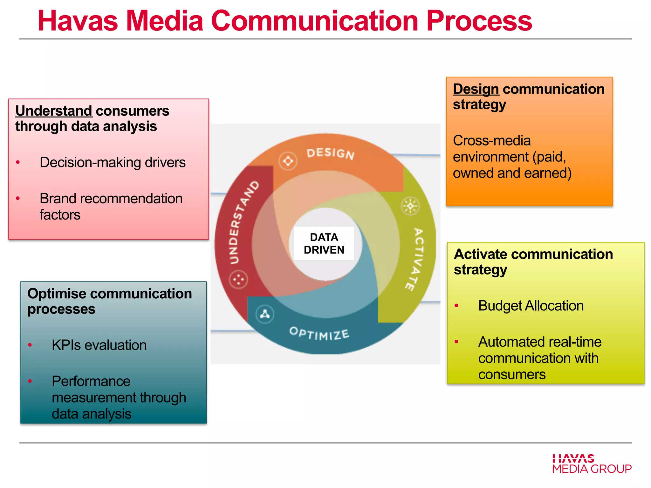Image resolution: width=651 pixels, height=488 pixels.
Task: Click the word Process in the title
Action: (479, 21)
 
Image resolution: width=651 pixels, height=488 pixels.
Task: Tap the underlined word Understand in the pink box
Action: (54, 111)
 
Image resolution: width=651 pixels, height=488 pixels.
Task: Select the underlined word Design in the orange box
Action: (476, 89)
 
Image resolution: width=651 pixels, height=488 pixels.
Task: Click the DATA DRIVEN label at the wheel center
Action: (324, 243)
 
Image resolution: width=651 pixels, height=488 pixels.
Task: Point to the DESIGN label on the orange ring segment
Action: (330, 153)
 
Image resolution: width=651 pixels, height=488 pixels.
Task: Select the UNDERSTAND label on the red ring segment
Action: (244, 222)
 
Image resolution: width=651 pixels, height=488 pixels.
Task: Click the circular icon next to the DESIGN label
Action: (288, 161)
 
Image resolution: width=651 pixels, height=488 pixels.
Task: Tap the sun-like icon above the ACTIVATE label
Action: (410, 207)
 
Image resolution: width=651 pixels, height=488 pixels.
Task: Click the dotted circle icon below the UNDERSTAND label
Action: (238, 280)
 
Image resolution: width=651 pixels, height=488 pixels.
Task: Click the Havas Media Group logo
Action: (592, 464)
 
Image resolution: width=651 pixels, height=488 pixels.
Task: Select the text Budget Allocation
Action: (531, 306)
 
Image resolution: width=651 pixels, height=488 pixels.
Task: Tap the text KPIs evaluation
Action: (99, 345)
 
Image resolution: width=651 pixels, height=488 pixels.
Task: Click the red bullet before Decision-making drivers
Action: (18, 162)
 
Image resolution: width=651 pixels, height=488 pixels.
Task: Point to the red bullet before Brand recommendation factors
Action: (18, 199)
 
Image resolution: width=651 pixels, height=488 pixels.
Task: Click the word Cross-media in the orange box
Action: (492, 140)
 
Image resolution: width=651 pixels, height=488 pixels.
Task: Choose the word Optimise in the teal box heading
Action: (57, 294)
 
